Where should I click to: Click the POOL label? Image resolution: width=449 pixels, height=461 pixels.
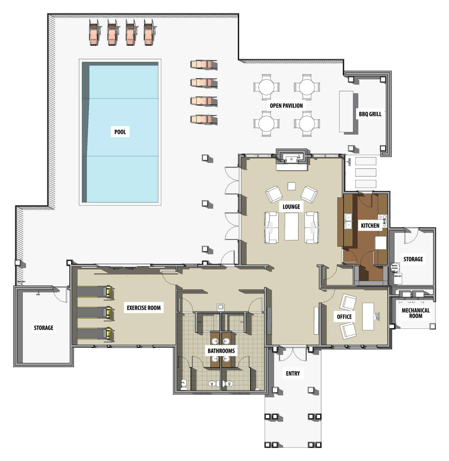(120, 132)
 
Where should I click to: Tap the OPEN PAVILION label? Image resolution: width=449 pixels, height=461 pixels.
(286, 106)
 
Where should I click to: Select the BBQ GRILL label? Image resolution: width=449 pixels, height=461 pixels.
(370, 114)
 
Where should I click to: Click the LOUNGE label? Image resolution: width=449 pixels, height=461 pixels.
(291, 207)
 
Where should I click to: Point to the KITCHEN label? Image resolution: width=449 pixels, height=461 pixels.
(370, 226)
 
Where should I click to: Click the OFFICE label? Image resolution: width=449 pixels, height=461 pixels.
(344, 317)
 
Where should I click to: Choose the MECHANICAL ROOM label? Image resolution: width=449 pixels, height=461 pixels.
(416, 313)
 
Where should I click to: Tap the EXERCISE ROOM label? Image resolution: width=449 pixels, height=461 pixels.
(144, 308)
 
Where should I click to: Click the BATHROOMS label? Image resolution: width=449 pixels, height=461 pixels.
(221, 351)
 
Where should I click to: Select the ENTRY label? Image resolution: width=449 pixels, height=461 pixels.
(293, 373)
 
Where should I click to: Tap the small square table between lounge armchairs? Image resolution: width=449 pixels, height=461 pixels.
(291, 186)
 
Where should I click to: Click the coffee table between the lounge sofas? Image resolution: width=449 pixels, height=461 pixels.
(291, 226)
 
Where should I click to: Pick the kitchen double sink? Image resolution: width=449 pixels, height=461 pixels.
(348, 221)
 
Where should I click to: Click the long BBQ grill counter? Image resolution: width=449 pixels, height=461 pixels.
(346, 111)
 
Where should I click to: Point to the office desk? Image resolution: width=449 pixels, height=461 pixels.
(368, 317)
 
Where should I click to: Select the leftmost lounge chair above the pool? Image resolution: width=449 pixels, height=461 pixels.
(94, 32)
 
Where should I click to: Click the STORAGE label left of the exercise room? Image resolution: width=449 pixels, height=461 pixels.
(44, 328)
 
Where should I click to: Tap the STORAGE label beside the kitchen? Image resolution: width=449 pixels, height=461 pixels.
(413, 259)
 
